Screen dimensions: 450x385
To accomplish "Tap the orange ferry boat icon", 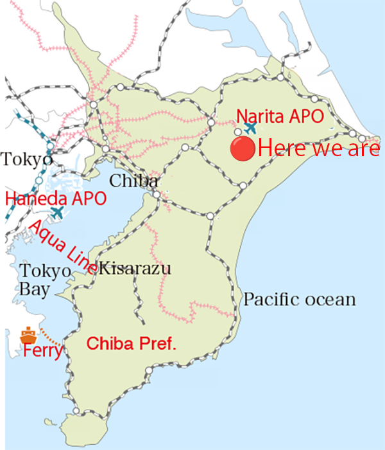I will point(28,335).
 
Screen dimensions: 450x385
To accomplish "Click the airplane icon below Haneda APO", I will point(56,212).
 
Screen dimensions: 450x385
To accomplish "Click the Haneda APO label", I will point(55,198).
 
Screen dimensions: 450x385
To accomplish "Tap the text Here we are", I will point(318,149).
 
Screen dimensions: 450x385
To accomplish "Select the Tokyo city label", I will point(25,159).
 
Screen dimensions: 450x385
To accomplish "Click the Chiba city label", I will point(133,181).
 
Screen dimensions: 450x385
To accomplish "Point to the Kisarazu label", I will point(136,268).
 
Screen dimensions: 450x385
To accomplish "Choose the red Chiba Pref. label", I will point(131,343).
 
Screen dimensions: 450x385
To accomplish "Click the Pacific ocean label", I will point(298,300).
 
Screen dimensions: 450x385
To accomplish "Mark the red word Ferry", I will point(42,352).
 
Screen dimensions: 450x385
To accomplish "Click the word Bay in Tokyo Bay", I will point(34,289).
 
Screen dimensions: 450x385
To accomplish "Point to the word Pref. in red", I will point(158,343).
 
